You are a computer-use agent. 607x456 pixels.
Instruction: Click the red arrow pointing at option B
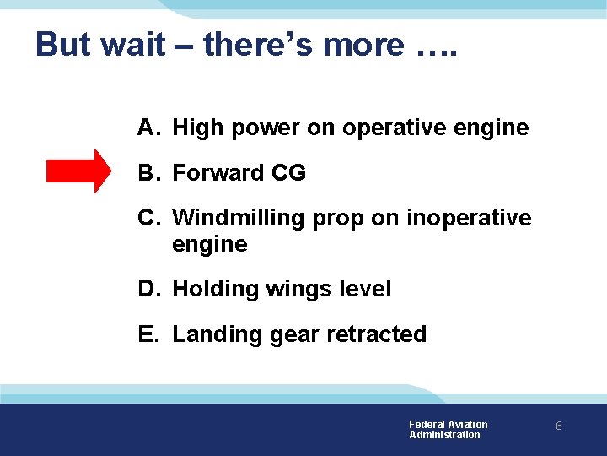[x=78, y=171]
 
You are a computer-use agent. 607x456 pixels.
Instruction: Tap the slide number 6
[x=558, y=427]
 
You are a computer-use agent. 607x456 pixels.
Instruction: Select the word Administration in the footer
[x=444, y=435]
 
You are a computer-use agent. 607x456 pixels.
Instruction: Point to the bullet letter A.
[x=148, y=128]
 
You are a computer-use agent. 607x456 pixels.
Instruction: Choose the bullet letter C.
[x=148, y=218]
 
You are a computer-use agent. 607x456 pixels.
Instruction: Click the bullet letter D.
[x=148, y=289]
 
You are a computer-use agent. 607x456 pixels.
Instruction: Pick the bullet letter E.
[x=148, y=334]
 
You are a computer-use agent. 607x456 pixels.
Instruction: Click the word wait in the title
[x=133, y=44]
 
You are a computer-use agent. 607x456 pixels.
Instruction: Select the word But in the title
[x=64, y=44]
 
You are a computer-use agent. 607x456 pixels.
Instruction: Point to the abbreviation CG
[x=288, y=173]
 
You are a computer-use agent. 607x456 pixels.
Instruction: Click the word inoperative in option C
[x=469, y=218]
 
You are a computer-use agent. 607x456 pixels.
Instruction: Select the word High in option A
[x=196, y=128]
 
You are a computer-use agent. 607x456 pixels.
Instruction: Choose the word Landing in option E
[x=218, y=335]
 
